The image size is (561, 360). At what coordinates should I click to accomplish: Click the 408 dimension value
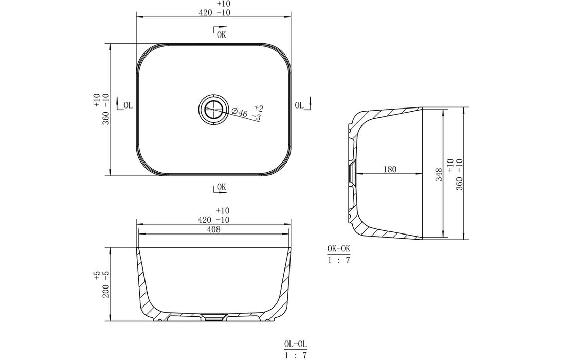213,229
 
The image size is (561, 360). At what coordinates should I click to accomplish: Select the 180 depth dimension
390,169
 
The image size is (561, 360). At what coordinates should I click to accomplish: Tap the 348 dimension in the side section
439,175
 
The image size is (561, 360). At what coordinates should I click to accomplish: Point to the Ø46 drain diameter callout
239,113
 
